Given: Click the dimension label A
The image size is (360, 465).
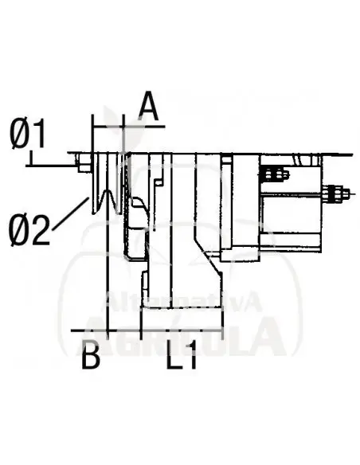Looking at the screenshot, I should (x=147, y=105).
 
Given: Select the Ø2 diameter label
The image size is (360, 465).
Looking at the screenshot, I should (x=29, y=231).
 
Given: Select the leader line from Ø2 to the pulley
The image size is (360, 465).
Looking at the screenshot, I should (x=72, y=212).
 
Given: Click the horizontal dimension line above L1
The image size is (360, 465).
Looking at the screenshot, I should (x=182, y=328).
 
